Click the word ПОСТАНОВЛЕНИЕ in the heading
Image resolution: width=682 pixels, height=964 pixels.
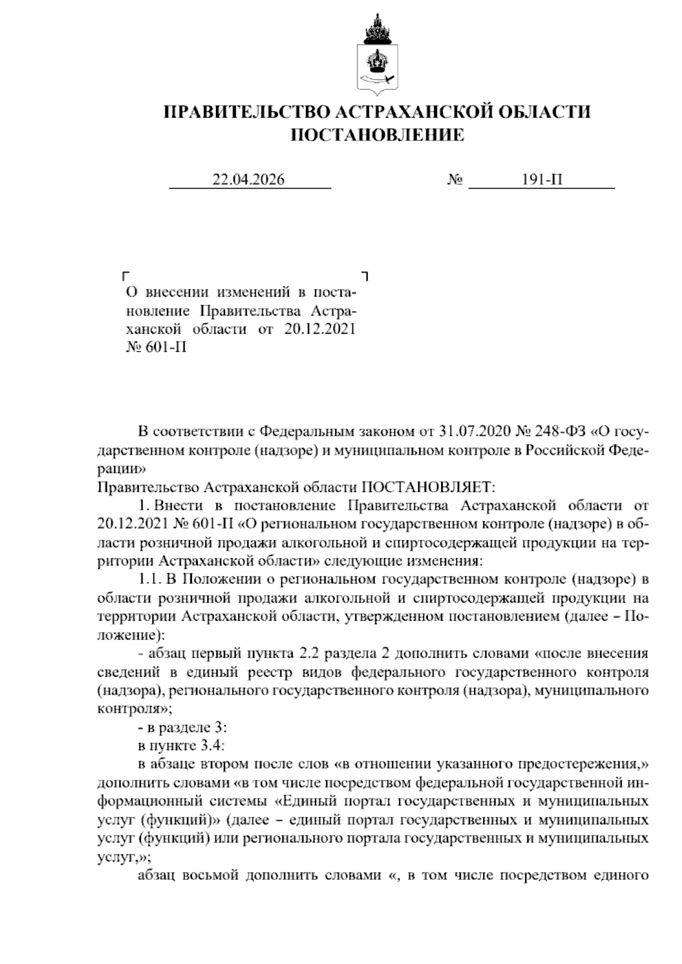coord(377,135)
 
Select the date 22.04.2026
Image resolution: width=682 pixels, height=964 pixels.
coord(248,180)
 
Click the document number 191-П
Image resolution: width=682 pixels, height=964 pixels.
coord(542,180)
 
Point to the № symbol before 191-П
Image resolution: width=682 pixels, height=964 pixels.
coord(455,180)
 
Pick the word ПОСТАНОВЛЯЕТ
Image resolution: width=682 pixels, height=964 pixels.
coord(429,488)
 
